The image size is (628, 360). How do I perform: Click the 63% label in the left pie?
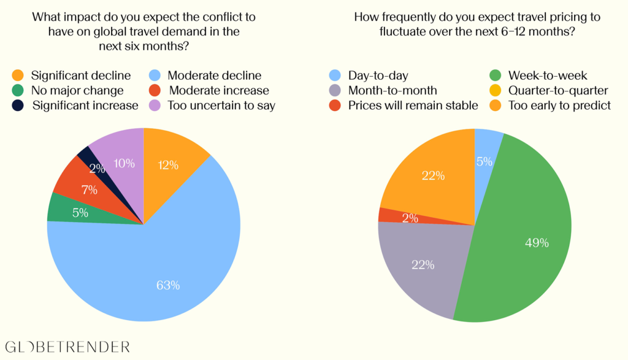167,285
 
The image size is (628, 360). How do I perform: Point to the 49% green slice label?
537,243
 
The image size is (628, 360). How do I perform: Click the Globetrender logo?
67,347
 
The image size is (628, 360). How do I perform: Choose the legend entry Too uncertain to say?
221,105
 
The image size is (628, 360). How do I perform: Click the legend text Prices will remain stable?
413,105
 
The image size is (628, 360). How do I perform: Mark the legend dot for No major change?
18,91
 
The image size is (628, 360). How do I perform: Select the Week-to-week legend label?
548,76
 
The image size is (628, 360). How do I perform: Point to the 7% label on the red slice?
90,190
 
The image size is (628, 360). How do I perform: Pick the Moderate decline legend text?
214,76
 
